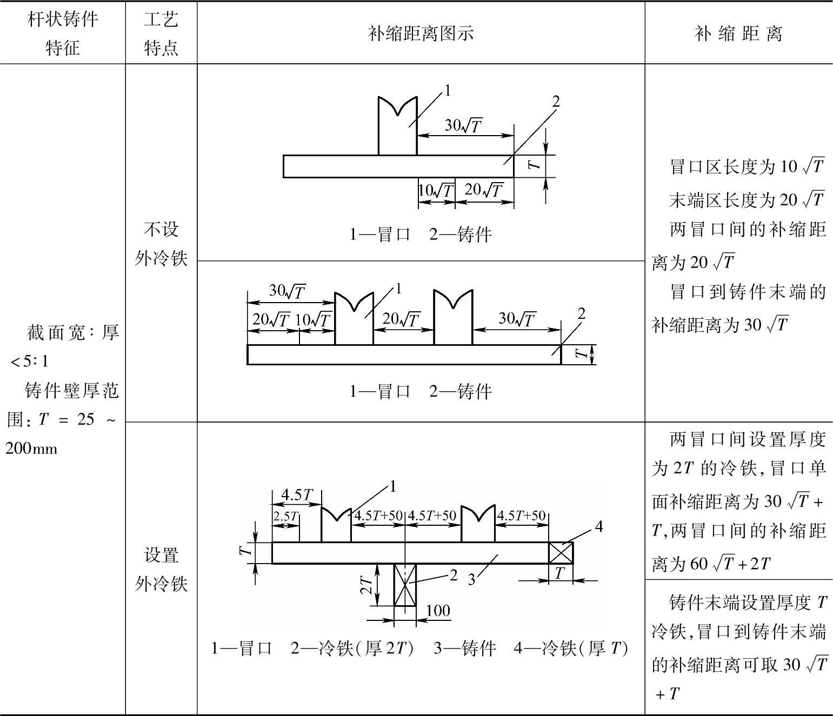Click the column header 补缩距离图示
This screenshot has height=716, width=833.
(x=421, y=34)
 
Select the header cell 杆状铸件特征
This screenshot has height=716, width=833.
(x=63, y=34)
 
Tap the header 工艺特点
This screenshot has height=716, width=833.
(x=161, y=34)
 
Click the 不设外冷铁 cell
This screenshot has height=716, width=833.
(x=161, y=244)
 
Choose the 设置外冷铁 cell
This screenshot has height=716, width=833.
(x=161, y=569)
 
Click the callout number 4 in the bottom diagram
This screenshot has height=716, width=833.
(x=598, y=526)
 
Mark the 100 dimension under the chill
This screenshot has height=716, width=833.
(x=438, y=611)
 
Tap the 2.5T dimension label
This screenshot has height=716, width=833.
(x=285, y=516)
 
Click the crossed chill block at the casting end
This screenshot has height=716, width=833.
(x=561, y=553)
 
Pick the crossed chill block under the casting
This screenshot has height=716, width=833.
(x=405, y=585)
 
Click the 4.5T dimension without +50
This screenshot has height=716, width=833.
(x=297, y=494)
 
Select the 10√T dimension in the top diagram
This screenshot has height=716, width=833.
(x=436, y=190)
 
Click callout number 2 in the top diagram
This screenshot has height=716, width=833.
(x=556, y=101)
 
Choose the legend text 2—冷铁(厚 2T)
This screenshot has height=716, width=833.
(x=352, y=648)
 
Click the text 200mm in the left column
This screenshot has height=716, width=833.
(x=31, y=449)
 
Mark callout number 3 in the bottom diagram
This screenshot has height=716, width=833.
(x=471, y=579)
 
